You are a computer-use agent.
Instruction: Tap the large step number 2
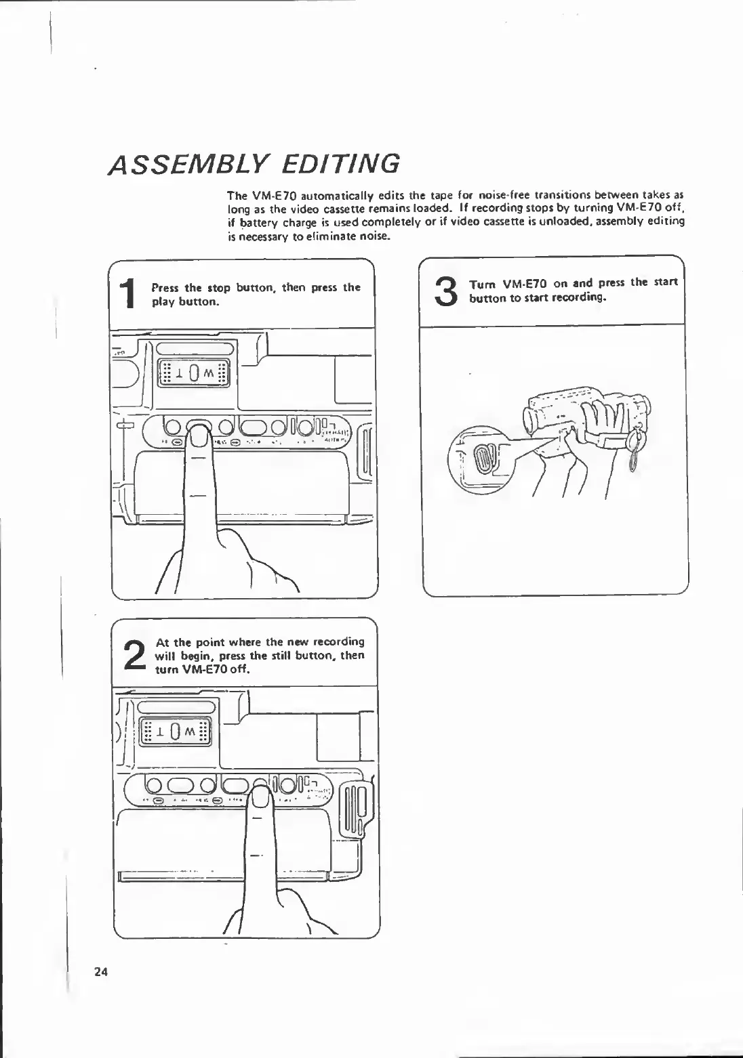[135, 656]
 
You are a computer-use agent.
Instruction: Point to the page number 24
[101, 972]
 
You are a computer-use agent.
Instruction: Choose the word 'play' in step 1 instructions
[163, 302]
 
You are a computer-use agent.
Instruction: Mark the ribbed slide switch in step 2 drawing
[355, 806]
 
